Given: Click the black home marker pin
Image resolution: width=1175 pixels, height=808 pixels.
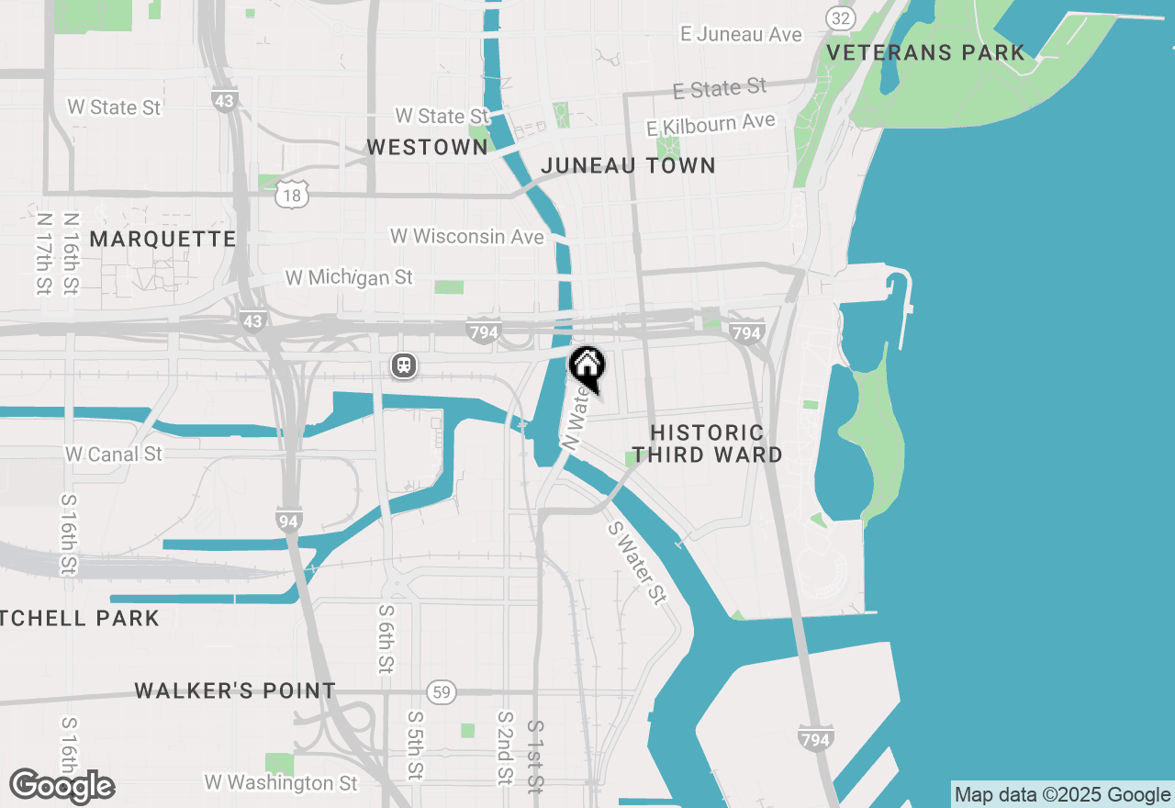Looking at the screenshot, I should click(587, 367).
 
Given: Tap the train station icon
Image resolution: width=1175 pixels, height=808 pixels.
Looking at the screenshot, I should click(403, 365).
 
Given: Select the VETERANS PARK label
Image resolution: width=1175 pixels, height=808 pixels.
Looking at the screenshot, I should click(925, 53).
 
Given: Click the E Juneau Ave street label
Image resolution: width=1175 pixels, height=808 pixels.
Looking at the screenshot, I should click(741, 35).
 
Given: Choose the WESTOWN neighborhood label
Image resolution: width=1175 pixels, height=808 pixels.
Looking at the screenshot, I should click(427, 147).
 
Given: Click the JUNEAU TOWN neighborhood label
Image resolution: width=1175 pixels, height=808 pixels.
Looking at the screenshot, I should click(628, 166).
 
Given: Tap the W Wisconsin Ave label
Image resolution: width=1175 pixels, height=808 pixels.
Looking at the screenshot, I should click(467, 237).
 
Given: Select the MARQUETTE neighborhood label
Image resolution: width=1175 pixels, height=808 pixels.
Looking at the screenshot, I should click(162, 240).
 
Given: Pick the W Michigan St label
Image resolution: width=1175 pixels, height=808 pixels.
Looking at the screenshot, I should click(349, 277).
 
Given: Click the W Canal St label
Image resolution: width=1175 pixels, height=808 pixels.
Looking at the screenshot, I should click(114, 454).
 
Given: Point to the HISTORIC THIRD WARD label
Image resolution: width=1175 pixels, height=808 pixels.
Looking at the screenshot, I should click(707, 443).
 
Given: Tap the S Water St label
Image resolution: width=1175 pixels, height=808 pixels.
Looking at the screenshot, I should click(636, 564).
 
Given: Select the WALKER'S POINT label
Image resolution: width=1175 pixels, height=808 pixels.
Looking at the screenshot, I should click(235, 691).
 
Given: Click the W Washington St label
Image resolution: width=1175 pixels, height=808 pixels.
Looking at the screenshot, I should click(281, 783).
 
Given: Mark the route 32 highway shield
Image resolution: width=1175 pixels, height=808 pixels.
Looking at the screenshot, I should click(840, 17).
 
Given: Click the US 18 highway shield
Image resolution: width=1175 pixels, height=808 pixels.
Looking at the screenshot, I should click(292, 194).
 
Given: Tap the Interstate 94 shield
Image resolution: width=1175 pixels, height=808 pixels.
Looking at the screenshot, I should click(288, 521).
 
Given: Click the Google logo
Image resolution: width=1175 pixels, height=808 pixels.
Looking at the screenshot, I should click(62, 787).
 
